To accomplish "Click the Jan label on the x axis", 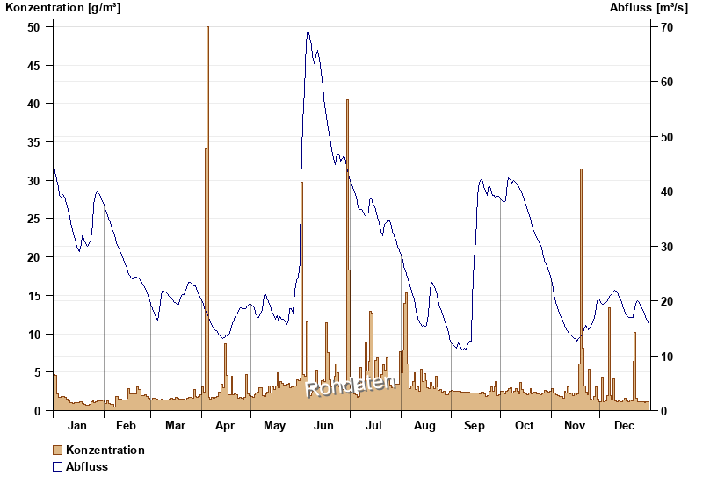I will pos(77,426).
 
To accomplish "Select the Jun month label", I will pos(323,426).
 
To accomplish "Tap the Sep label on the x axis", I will pos(475,426).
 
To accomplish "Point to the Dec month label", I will pos(625,426).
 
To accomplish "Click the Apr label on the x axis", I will pos(225,426).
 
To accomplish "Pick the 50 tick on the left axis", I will pos(34,27).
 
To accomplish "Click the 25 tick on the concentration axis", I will pos(34,219).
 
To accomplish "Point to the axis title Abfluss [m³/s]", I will pos(649,8).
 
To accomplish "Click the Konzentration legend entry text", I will pos(105,450).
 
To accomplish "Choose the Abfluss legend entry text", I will pos(87,466).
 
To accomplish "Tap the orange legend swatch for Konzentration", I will pos(58,450).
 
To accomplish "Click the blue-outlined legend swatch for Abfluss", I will pos(58,466).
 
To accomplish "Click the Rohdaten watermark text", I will pos(351,385).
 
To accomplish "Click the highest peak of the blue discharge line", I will pos(308,30).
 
